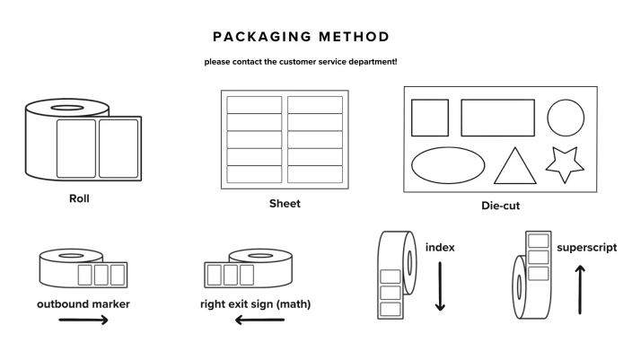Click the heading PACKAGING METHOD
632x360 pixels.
click(301, 37)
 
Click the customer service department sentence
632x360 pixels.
click(301, 62)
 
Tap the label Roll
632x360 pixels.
click(79, 198)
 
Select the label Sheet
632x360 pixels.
click(285, 204)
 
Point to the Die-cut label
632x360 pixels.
click(500, 206)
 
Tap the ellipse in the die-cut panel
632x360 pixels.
click(447, 165)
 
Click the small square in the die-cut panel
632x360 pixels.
click(430, 118)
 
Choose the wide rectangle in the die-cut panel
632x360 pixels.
click(497, 118)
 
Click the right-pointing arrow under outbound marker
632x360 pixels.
click(83, 319)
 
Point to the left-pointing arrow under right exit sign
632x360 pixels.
click(259, 320)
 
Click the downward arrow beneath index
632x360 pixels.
click(440, 286)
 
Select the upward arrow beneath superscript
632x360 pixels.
click(580, 288)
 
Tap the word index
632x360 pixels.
click(439, 247)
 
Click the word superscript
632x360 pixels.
click(586, 247)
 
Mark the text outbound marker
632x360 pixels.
click(83, 303)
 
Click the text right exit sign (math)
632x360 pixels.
click(256, 303)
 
